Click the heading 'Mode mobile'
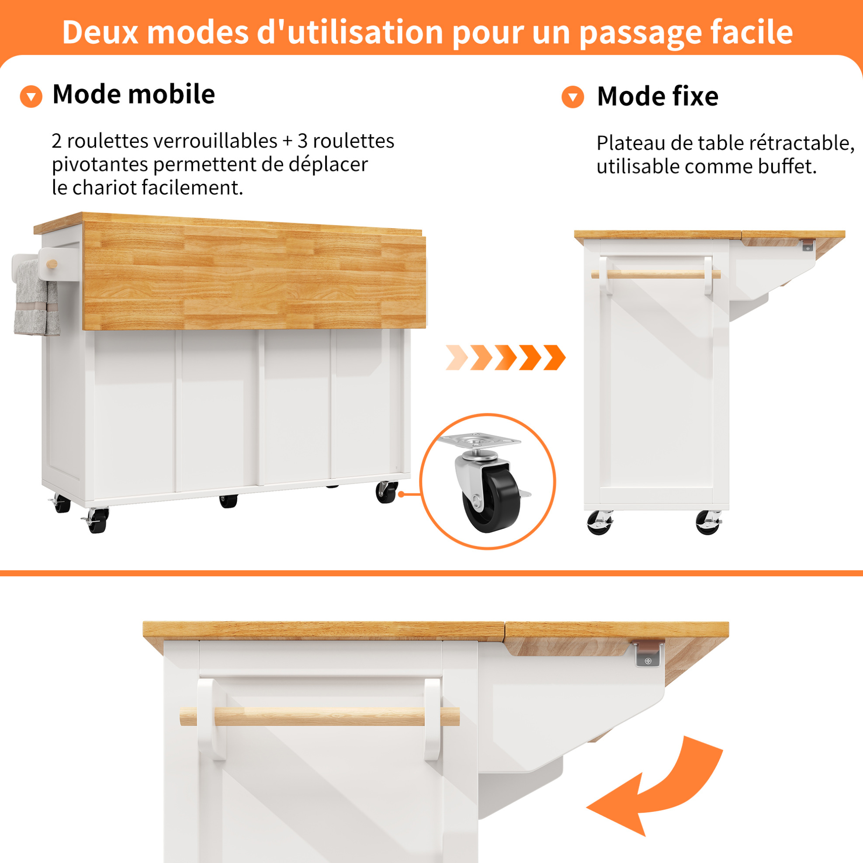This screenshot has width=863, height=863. (134, 94)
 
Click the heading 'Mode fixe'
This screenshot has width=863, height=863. (658, 96)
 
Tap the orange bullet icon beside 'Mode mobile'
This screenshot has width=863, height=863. (31, 97)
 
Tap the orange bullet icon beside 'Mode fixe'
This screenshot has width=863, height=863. (573, 97)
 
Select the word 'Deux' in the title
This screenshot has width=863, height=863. (99, 32)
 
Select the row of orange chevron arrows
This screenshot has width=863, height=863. (506, 357)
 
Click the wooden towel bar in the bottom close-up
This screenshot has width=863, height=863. (319, 717)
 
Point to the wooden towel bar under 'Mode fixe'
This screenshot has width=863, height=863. (656, 274)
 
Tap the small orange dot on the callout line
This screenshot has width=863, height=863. (401, 494)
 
